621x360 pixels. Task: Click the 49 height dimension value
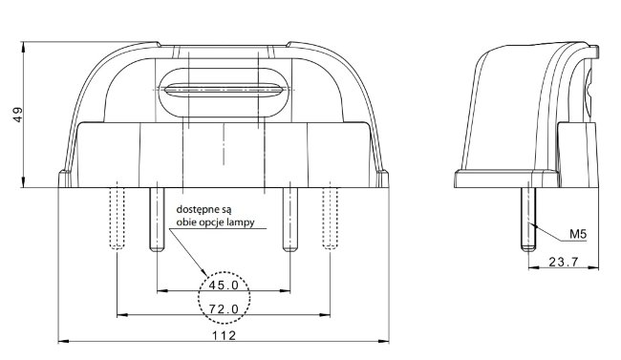click(x=18, y=115)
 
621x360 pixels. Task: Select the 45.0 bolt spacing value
click(x=224, y=285)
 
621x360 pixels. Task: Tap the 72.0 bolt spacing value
click(x=224, y=308)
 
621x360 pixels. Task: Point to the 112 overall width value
click(x=224, y=336)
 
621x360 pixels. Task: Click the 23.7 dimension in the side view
click(x=564, y=262)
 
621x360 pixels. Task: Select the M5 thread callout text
click(x=578, y=234)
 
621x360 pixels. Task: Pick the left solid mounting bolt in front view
click(x=157, y=219)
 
